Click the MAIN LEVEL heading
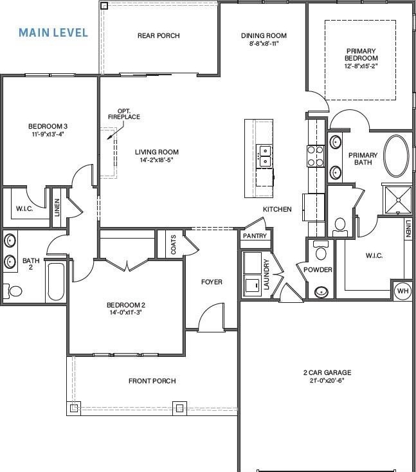(x=53, y=33)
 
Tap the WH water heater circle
(x=402, y=291)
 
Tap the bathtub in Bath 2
(x=57, y=282)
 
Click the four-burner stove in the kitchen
(x=316, y=156)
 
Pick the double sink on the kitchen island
(x=265, y=156)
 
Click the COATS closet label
(x=174, y=244)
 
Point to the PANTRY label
(x=255, y=236)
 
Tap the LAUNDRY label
(x=266, y=274)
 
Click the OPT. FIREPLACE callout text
(x=124, y=114)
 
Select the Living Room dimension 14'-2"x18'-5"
(x=156, y=160)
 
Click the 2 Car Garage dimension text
(x=327, y=380)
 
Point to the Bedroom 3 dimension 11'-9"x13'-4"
(x=48, y=134)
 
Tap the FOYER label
(x=212, y=282)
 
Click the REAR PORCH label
(x=159, y=35)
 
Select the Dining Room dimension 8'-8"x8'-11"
(x=264, y=43)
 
